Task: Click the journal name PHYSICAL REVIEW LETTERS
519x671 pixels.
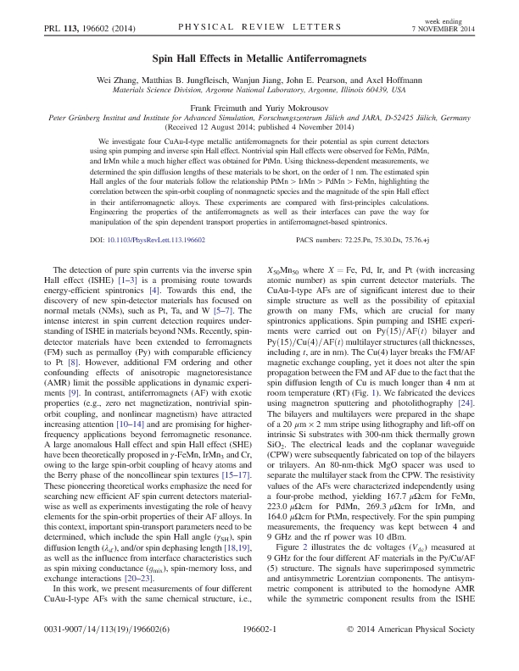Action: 259,27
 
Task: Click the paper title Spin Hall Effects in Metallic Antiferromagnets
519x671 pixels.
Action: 259,60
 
